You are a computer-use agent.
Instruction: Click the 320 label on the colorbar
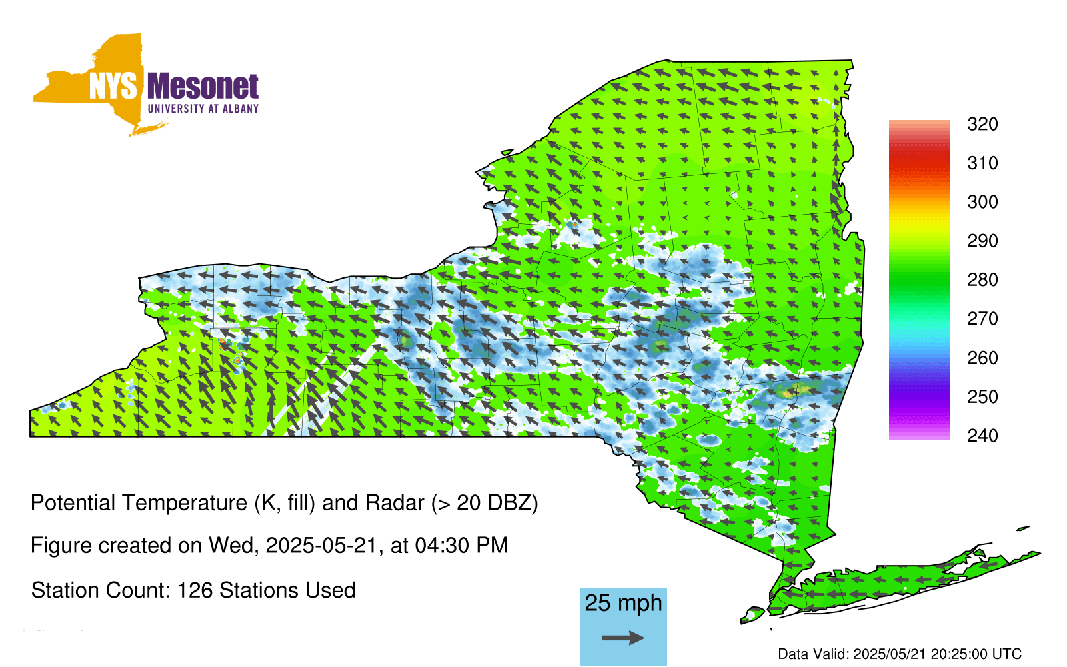coord(982,124)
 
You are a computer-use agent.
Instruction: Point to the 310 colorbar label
coord(982,163)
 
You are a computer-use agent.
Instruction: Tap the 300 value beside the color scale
coord(982,202)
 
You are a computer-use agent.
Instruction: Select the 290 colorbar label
coord(982,241)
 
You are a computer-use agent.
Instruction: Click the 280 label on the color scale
coord(982,279)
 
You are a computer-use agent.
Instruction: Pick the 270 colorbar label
coord(982,319)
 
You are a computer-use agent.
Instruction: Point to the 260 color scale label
coord(982,358)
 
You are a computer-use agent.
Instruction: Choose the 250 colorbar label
coord(982,396)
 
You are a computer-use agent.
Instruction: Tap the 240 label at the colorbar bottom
coord(982,436)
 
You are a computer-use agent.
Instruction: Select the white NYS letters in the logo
coord(113,87)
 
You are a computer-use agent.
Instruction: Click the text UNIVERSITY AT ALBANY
coord(203,109)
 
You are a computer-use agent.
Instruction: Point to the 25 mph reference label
coord(623,604)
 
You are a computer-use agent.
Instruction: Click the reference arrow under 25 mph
coord(623,638)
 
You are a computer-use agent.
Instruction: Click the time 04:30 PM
coord(461,546)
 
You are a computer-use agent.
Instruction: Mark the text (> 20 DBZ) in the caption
coord(484,503)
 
